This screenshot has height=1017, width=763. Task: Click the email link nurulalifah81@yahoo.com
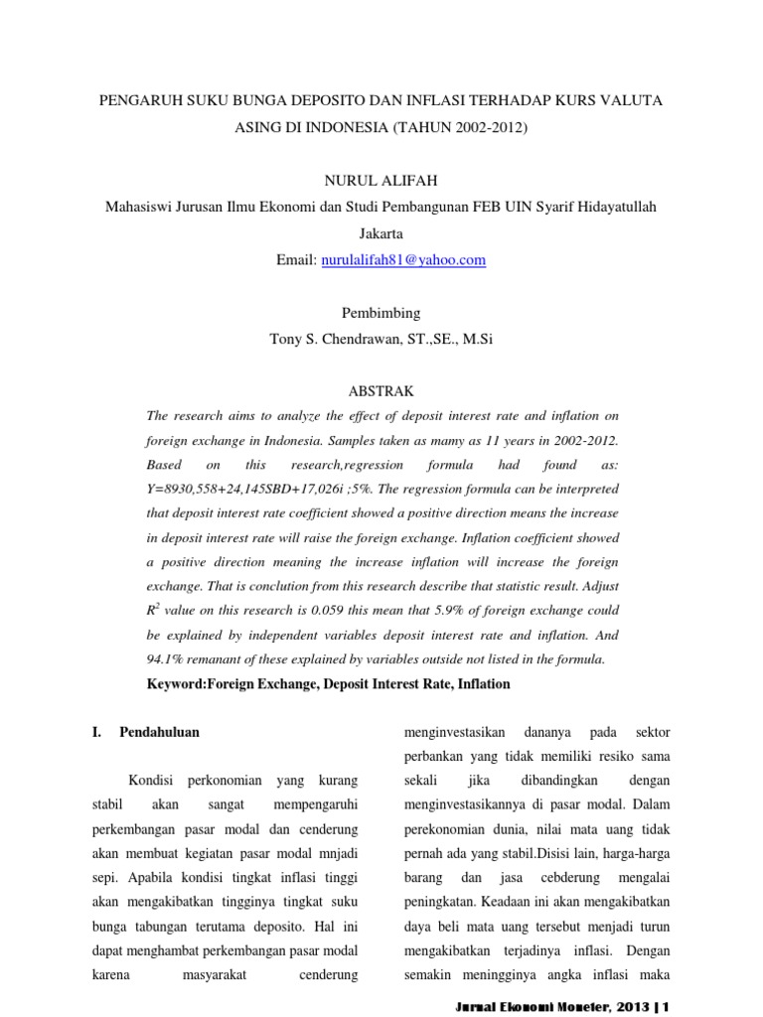pos(402,260)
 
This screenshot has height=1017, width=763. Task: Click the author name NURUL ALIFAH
pos(381,182)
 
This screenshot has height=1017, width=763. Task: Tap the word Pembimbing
pos(381,312)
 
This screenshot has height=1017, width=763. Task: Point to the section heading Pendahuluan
pos(159,732)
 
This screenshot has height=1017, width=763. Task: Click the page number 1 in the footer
pos(668,1005)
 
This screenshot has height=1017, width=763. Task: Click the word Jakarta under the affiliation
pos(381,234)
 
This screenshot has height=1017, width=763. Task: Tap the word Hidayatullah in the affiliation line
pos(610,208)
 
